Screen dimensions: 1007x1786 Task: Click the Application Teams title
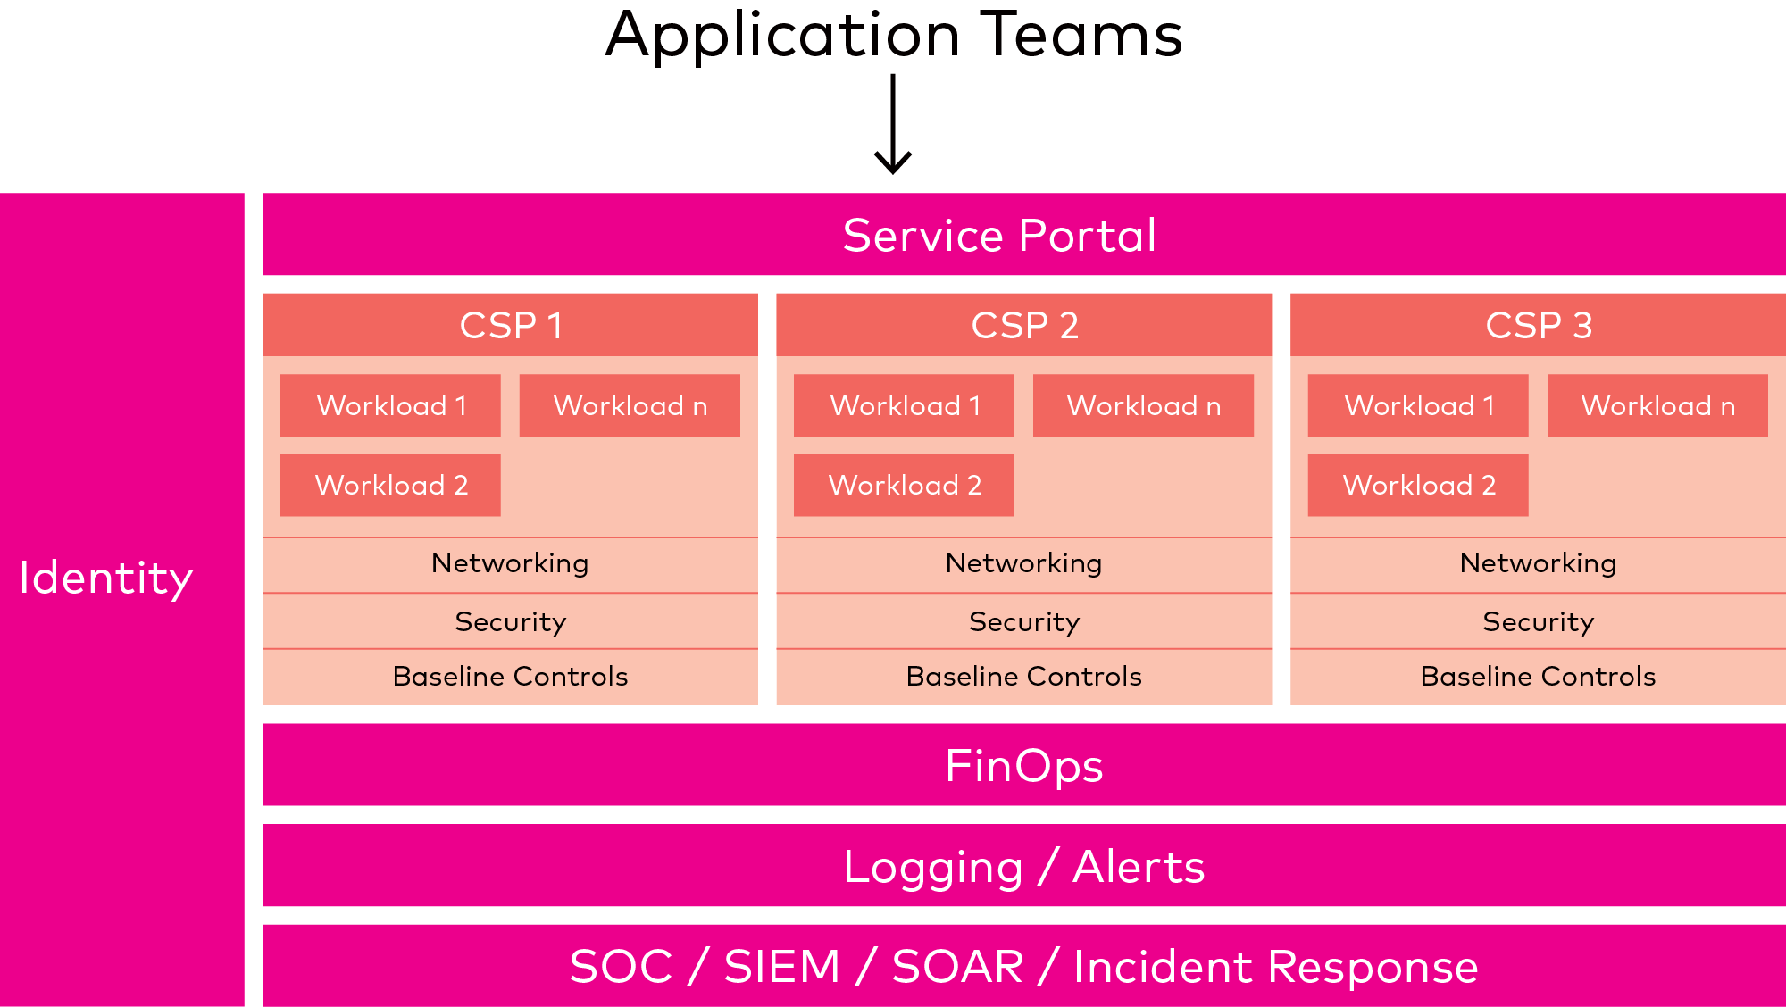tap(893, 36)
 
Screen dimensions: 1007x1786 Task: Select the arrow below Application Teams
tap(892, 124)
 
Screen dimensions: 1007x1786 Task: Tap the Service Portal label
tap(999, 236)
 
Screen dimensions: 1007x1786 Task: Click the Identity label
tap(105, 578)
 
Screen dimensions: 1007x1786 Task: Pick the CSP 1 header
tap(510, 325)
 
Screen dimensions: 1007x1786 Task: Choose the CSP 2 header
tap(1023, 325)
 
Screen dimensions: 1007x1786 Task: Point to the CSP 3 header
tap(1538, 325)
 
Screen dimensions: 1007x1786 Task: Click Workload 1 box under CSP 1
tap(390, 405)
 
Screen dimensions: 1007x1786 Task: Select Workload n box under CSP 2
tap(1143, 405)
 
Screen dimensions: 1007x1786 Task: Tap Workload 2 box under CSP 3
tap(1418, 485)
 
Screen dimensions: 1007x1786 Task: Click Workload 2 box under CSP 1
tap(390, 485)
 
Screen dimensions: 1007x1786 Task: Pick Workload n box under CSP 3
tap(1657, 405)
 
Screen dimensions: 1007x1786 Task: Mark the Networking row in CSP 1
tap(510, 563)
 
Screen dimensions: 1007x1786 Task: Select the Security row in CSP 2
tap(1023, 621)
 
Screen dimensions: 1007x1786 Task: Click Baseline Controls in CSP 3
tap(1538, 677)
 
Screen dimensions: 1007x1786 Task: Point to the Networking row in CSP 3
tap(1538, 563)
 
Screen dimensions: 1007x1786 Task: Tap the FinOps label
tap(1023, 766)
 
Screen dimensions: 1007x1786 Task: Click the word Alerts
tap(1139, 867)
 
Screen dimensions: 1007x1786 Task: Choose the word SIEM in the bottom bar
tap(782, 967)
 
